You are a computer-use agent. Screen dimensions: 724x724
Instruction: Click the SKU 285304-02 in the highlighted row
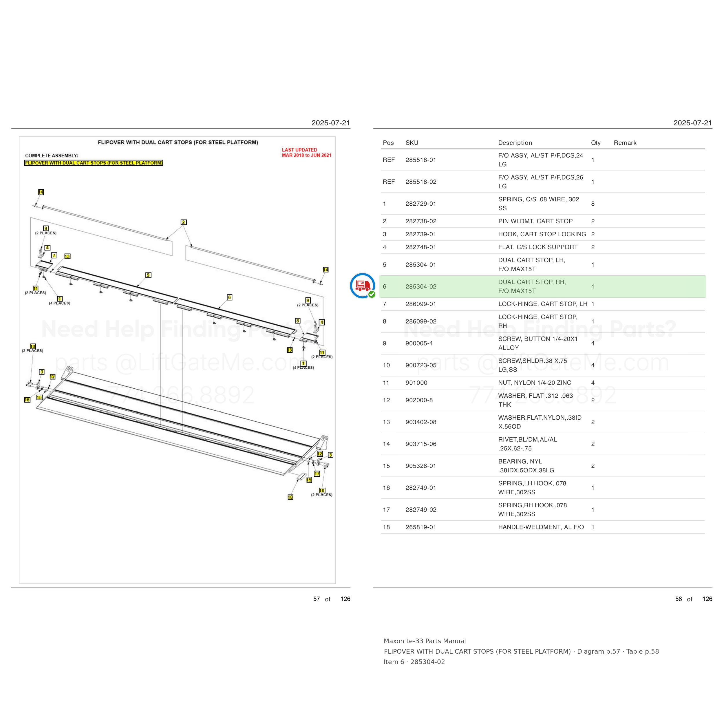click(421, 287)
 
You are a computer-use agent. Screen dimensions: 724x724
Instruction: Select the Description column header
click(515, 143)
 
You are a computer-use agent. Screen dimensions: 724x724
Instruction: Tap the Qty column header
click(595, 143)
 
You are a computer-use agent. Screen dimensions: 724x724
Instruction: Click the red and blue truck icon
click(362, 286)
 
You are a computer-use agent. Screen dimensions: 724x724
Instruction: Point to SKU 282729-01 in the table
click(421, 204)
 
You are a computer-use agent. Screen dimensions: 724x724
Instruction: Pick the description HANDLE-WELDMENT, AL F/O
click(541, 527)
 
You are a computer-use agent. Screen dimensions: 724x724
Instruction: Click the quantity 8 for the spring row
click(593, 204)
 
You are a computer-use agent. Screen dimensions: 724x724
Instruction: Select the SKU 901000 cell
click(416, 383)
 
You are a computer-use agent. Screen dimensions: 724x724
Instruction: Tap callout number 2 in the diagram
click(184, 222)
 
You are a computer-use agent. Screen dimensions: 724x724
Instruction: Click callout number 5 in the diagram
click(148, 275)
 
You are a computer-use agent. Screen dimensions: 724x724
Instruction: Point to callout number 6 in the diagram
click(230, 297)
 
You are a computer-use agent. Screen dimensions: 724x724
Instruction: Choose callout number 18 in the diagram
click(290, 497)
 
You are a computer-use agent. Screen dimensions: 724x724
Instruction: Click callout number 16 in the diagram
click(27, 400)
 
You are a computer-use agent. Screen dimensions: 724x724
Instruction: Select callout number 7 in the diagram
click(54, 256)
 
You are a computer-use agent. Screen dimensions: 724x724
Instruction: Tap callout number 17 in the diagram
click(317, 474)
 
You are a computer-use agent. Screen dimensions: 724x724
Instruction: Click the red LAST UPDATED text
click(299, 150)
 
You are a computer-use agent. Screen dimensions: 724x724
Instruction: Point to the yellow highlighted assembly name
click(94, 163)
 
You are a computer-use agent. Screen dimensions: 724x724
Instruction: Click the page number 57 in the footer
click(317, 599)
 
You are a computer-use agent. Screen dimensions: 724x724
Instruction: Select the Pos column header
click(388, 143)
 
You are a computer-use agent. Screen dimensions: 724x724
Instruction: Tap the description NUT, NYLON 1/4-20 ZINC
click(535, 383)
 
